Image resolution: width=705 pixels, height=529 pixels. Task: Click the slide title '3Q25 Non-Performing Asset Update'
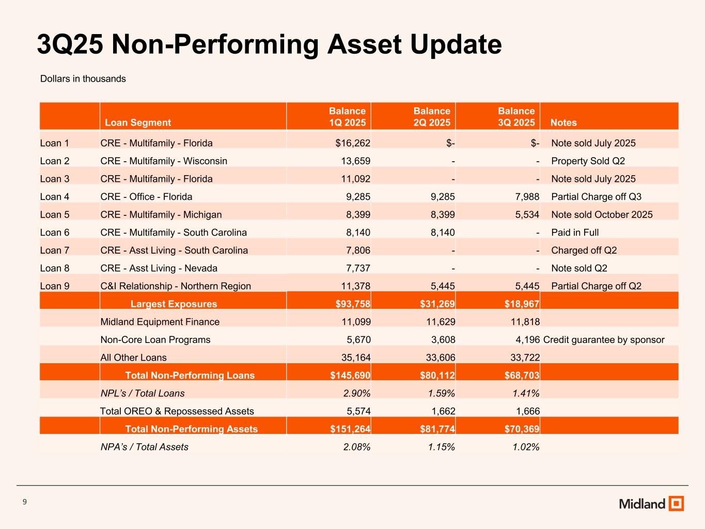(269, 44)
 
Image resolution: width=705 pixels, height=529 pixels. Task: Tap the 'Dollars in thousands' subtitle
(83, 79)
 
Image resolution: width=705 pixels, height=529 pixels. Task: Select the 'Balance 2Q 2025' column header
(431, 117)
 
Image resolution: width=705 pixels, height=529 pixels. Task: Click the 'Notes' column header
(563, 122)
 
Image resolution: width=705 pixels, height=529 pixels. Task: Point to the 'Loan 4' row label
(55, 197)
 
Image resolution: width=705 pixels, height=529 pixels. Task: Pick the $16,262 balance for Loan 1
(353, 143)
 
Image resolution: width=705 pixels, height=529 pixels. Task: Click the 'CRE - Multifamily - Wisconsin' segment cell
(164, 161)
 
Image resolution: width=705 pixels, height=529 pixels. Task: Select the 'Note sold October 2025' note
(602, 214)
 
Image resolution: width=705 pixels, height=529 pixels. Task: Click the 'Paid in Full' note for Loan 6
(575, 232)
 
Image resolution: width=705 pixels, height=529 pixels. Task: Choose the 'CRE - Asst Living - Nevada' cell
(159, 268)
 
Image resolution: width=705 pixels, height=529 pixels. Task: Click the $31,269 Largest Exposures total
(437, 304)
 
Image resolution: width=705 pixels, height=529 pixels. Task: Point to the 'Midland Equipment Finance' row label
(160, 322)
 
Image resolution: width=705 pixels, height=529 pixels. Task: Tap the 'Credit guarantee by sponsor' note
(604, 340)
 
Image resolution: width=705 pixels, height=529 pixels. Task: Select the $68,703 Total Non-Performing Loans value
(522, 376)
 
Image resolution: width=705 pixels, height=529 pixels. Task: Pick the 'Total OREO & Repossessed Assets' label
(177, 411)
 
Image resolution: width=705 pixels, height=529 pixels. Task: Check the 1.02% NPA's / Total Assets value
(526, 447)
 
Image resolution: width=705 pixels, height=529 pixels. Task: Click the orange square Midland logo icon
(676, 504)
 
